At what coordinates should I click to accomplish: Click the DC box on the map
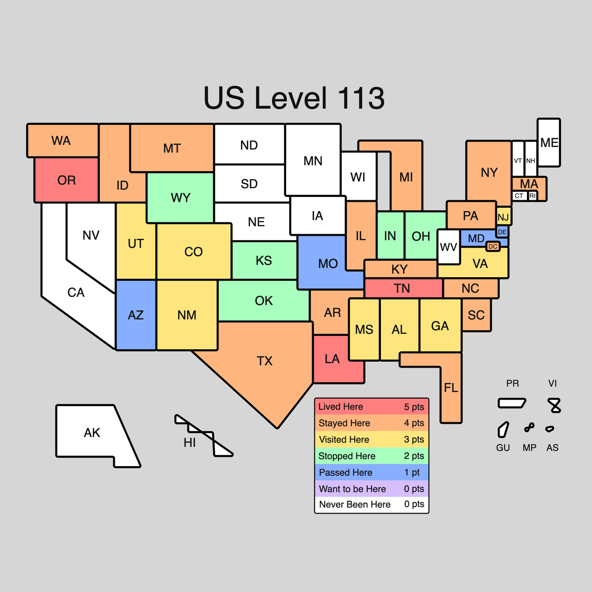click(x=492, y=246)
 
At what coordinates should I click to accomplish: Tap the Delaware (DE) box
click(x=502, y=232)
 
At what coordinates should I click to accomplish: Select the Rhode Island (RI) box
click(x=532, y=196)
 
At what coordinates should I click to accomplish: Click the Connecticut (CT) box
click(x=519, y=196)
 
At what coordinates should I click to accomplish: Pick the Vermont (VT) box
click(x=518, y=159)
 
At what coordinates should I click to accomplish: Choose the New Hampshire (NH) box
click(x=531, y=159)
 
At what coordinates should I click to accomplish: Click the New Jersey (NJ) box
click(x=504, y=217)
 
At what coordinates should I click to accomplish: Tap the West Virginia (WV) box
click(x=448, y=246)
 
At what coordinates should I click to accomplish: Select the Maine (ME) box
click(x=549, y=143)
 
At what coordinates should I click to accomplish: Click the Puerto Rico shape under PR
click(x=512, y=403)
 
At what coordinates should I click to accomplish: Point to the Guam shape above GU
click(x=503, y=430)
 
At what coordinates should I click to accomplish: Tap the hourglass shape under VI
click(x=555, y=406)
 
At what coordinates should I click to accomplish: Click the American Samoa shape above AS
click(x=550, y=429)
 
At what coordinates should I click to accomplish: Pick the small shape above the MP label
click(x=529, y=428)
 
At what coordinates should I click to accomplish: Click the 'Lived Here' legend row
click(x=371, y=407)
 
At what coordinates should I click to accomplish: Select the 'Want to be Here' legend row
click(x=371, y=489)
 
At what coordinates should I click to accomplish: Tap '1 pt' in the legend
click(x=412, y=473)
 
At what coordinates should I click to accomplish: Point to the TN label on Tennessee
click(x=402, y=289)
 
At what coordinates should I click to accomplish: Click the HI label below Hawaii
click(x=190, y=443)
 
